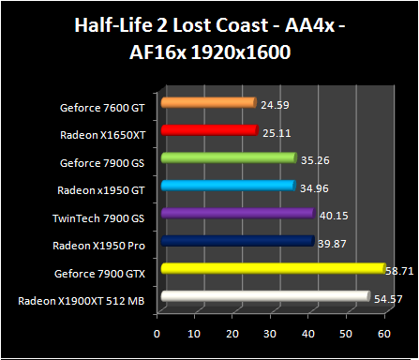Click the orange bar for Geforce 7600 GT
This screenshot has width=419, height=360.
[208, 103]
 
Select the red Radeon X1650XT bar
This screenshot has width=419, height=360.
[208, 131]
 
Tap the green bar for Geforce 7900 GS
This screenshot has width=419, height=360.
[228, 158]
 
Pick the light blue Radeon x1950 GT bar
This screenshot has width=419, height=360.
[228, 187]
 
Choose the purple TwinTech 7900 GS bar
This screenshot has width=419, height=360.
[237, 214]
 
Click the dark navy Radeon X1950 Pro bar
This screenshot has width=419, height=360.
[237, 242]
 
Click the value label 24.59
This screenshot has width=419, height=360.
[274, 101]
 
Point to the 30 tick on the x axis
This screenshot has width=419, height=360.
[272, 333]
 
